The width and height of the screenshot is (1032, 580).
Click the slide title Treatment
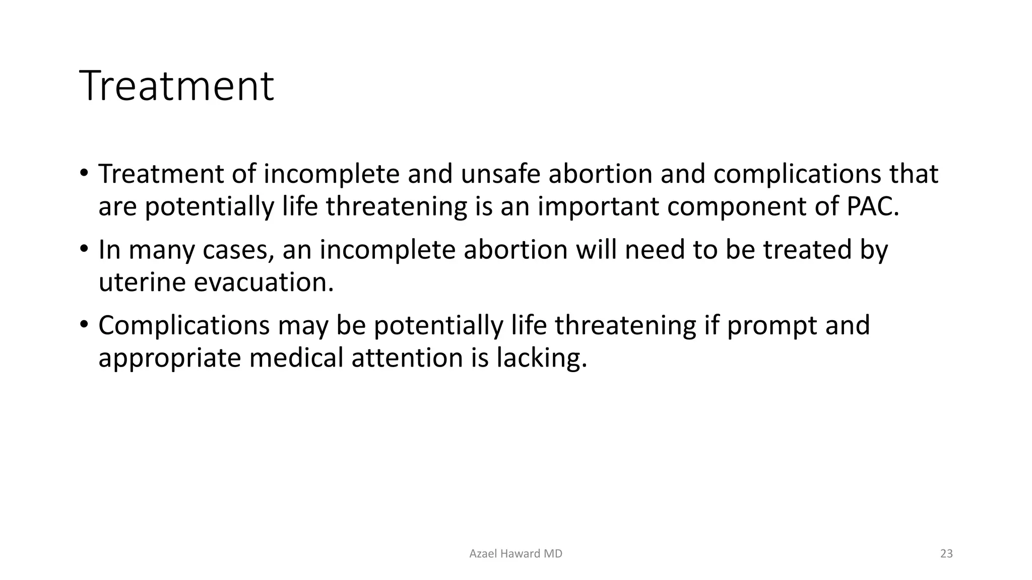point(176,86)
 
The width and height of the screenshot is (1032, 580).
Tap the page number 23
point(946,554)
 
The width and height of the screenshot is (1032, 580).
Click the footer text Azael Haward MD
point(515,554)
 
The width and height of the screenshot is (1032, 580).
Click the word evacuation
point(264,282)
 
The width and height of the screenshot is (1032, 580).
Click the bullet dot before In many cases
point(84,248)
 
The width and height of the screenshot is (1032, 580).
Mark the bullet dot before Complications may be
point(84,324)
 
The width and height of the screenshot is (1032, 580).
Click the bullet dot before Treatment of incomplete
point(84,172)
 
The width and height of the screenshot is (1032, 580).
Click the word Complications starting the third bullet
point(184,326)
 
